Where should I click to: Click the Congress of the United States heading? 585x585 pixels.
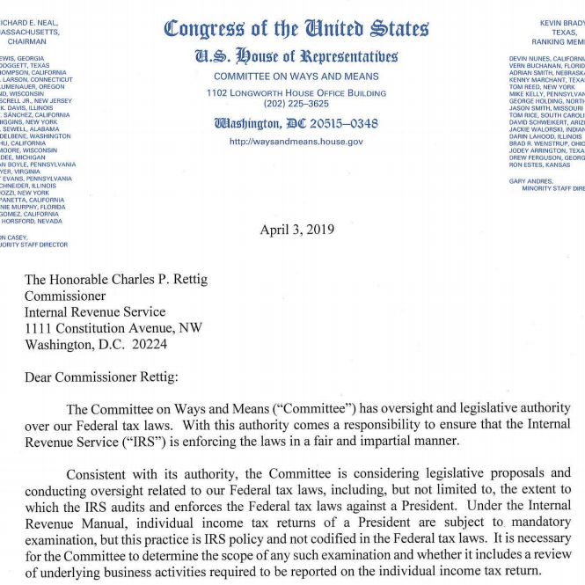click(296, 28)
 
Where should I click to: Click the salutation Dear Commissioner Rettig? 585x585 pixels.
click(100, 377)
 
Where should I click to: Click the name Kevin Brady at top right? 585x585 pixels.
click(561, 21)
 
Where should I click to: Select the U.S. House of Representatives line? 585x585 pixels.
click(296, 57)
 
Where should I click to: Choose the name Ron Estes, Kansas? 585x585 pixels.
click(539, 165)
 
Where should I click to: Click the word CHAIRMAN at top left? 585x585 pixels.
click(26, 40)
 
